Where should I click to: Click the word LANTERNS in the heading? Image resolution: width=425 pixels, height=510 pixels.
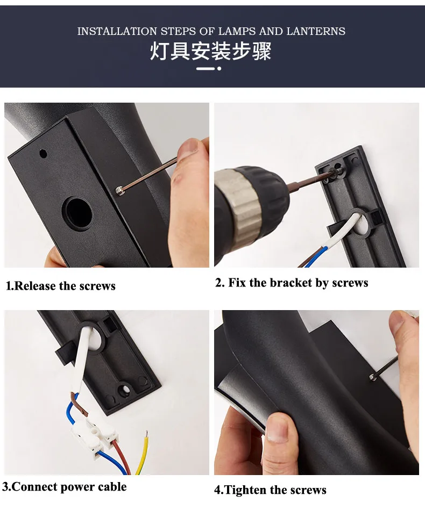pyautogui.click(x=316, y=31)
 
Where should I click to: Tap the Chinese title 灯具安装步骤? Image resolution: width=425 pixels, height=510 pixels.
pyautogui.click(x=210, y=51)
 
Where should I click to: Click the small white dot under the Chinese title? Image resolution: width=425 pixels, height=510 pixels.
pyautogui.click(x=219, y=68)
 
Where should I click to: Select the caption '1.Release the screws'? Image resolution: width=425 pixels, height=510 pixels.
pyautogui.click(x=61, y=286)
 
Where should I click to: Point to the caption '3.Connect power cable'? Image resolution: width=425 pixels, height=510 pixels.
pyautogui.click(x=64, y=487)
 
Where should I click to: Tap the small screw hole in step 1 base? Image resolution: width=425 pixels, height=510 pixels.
pyautogui.click(x=43, y=153)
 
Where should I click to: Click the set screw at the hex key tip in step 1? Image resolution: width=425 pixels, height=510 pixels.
pyautogui.click(x=119, y=191)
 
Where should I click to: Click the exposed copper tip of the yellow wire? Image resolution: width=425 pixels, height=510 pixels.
pyautogui.click(x=147, y=434)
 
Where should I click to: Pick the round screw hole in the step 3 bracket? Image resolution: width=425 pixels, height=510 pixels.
pyautogui.click(x=124, y=389)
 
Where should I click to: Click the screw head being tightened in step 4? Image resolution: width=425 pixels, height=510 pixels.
pyautogui.click(x=372, y=377)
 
